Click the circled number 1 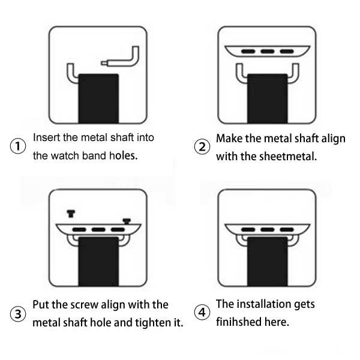tap(18, 146)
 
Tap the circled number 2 tap(202, 147)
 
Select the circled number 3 tap(18, 314)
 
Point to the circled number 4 tap(202, 312)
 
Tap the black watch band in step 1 tap(98, 98)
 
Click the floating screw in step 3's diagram tap(71, 214)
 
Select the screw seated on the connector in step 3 tap(127, 221)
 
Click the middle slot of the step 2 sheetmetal tap(268, 51)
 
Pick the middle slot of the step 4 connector tap(268, 230)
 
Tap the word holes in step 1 tap(123, 155)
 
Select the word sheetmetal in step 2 tap(289, 157)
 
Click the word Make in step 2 tap(229, 139)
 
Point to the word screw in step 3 tap(84, 305)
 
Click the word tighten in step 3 tap(152, 323)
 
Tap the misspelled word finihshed tap(239, 322)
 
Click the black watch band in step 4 tap(268, 262)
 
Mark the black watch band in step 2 tap(268, 98)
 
